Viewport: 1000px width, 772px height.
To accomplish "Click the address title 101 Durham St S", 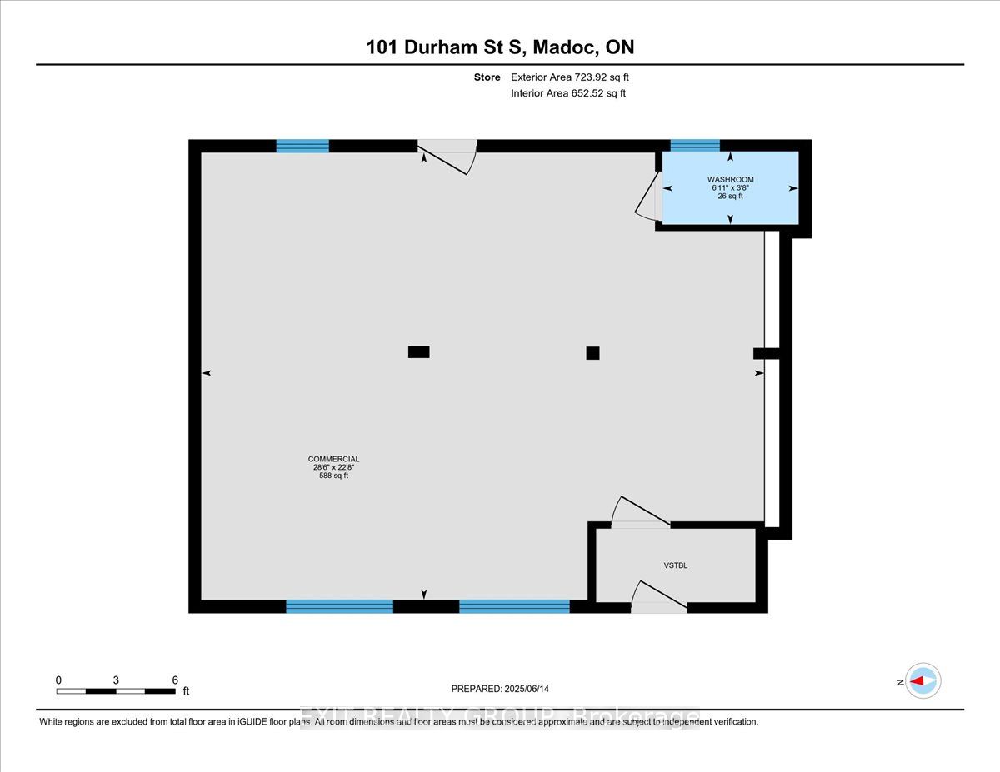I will pos(500,47).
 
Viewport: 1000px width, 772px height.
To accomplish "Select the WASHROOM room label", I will pos(730,179).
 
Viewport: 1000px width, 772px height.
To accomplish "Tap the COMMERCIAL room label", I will pos(333,459).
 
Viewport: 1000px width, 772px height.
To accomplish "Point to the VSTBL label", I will pos(675,565).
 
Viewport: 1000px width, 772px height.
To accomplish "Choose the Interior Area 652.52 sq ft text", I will pos(567,93).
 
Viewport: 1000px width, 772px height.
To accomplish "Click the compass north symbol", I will pos(922,681).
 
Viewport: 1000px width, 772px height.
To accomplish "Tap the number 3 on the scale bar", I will pos(116,680).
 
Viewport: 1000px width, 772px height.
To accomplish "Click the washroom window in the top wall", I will pos(695,146).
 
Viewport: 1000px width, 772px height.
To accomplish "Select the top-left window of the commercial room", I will pos(302,146).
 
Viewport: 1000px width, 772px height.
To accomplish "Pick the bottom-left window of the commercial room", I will pos(339,606).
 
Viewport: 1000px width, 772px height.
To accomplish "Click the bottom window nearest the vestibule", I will pos(514,606).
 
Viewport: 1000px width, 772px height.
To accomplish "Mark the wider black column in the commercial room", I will pos(418,351).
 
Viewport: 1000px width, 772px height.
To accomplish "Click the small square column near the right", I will pos(592,352).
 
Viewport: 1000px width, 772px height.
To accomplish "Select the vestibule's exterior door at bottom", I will pos(658,597).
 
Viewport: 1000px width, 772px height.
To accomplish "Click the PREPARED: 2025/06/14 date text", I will pos(500,689).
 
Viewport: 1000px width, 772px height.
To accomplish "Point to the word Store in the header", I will pos(487,77).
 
